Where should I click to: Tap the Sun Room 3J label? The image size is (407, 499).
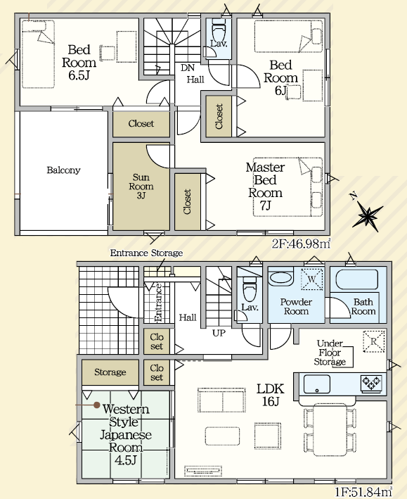coord(141,187)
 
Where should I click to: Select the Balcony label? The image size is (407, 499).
coord(63,170)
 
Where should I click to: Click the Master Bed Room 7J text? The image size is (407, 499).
coord(265,187)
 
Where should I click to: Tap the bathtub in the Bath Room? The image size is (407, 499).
coord(357,279)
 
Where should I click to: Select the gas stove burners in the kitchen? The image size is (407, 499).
coord(370,383)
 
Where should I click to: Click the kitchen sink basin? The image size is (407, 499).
coord(317,384)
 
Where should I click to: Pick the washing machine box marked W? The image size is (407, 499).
coord(311,279)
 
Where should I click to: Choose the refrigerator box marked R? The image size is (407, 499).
coord(374,341)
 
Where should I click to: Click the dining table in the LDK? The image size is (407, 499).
coord(330,430)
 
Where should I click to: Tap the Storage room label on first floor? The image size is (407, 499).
coord(110,372)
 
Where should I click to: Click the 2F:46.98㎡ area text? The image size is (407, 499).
coord(301,244)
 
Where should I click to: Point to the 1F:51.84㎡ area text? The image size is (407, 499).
coord(363,492)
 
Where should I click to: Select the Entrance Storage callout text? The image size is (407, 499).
coord(147,253)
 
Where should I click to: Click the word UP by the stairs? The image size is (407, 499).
coord(219,333)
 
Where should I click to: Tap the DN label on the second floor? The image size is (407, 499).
coord(188,68)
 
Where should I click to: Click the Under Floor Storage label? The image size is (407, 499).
coord(330,353)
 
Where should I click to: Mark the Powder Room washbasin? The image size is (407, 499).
coord(280,279)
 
